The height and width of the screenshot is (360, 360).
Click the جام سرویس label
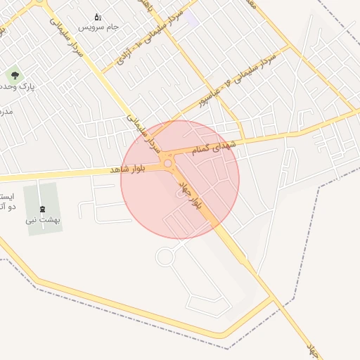(98, 27)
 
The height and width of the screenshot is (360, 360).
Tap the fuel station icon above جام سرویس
(98, 16)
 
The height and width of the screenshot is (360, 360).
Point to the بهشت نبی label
(44, 219)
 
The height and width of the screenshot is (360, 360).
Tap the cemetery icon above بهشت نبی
(42, 209)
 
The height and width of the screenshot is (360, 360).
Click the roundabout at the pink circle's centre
(169, 164)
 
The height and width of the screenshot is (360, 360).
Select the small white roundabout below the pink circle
(165, 257)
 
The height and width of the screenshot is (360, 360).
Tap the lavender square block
(191, 17)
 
